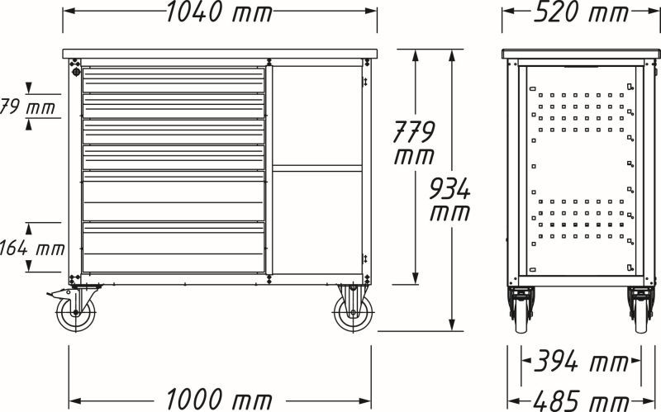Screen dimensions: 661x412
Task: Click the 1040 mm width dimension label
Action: click(220, 12)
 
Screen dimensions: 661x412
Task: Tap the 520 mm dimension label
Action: click(581, 12)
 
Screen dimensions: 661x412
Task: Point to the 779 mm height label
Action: click(414, 143)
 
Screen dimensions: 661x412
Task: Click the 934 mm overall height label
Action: click(449, 200)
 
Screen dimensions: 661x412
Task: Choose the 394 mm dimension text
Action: click(582, 362)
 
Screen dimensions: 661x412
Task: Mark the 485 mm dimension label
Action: click(582, 401)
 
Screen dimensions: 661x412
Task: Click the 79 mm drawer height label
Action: click(27, 107)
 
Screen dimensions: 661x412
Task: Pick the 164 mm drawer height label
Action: click(32, 248)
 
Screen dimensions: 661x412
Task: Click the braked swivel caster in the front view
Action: click(74, 307)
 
